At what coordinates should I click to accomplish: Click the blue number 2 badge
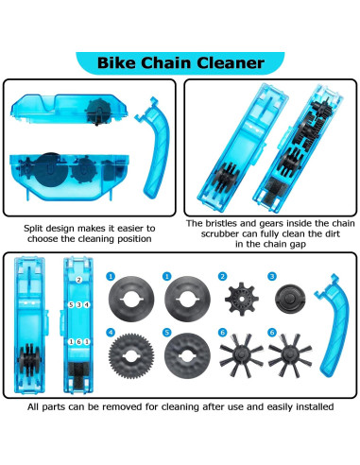pyautogui.click(x=223, y=277)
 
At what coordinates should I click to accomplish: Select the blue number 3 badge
pyautogui.click(x=271, y=277)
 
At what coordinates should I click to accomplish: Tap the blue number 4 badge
pyautogui.click(x=111, y=333)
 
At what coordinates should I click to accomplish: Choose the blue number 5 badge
pyautogui.click(x=166, y=333)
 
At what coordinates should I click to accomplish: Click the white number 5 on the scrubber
pyautogui.click(x=71, y=306)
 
